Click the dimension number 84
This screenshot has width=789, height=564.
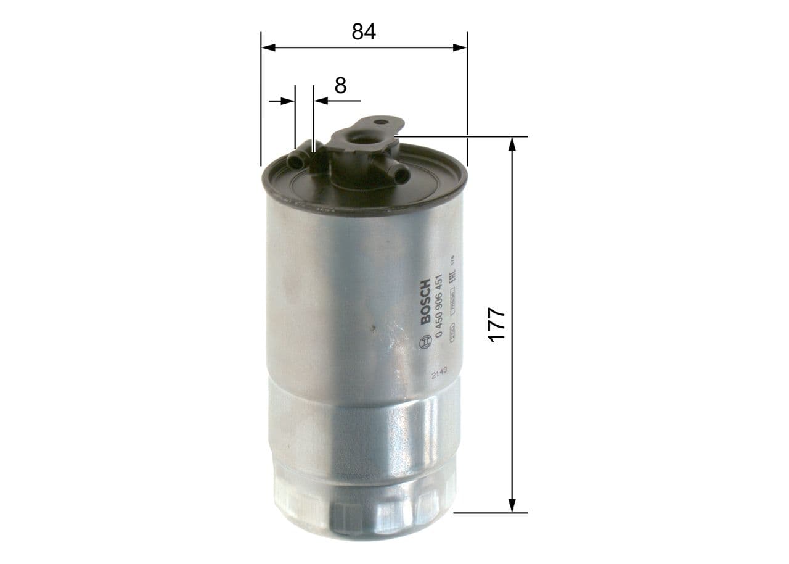[x=364, y=32]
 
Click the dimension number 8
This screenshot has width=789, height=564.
[x=340, y=85]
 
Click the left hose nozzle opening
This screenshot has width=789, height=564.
[x=295, y=162]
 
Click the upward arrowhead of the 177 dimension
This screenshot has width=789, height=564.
[x=512, y=143]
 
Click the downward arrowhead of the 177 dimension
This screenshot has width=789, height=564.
[x=512, y=505]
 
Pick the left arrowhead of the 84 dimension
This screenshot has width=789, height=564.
[x=268, y=48]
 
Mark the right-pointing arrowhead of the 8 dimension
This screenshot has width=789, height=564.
[x=288, y=100]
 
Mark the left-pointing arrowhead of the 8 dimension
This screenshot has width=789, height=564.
[x=320, y=100]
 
